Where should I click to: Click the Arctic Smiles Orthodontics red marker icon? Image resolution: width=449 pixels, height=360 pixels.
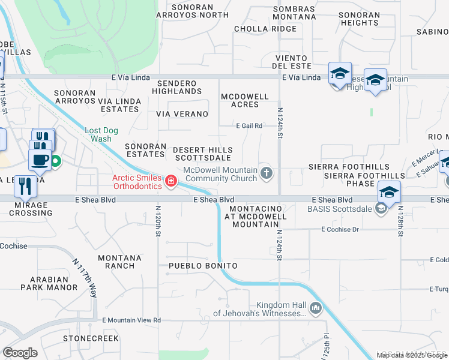tap(171, 181)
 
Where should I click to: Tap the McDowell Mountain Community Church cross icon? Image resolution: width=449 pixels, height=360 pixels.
tap(267, 174)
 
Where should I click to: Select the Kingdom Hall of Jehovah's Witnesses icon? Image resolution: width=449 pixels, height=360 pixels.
tap(316, 309)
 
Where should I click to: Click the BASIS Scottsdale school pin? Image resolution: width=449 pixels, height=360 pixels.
tap(389, 193)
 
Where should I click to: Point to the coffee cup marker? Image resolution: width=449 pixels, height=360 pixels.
tap(41, 160)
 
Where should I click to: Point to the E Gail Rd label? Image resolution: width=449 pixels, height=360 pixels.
tap(249, 126)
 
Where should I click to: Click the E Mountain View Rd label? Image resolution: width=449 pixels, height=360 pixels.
tap(131, 320)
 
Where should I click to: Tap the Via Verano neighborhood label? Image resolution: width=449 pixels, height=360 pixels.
tap(182, 114)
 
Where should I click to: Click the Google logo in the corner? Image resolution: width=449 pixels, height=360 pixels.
tap(20, 353)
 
